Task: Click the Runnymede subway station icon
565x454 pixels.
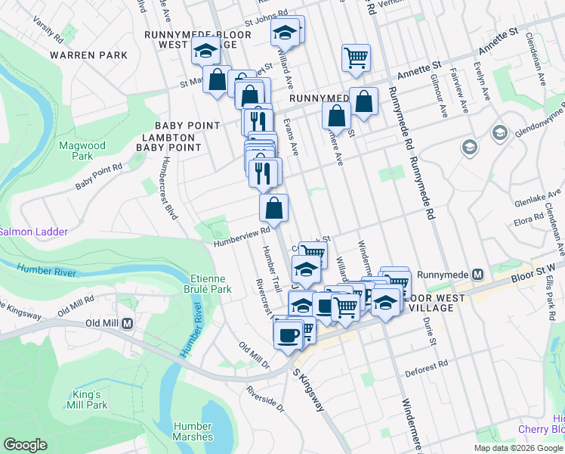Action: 477,274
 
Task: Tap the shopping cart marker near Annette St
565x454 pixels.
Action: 356,58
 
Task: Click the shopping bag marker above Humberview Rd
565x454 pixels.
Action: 274,208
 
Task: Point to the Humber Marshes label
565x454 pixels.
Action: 193,431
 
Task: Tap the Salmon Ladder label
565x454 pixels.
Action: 34,232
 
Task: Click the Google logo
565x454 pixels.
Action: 25,445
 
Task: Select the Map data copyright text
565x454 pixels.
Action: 518,448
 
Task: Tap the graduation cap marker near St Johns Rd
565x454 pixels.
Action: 286,33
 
